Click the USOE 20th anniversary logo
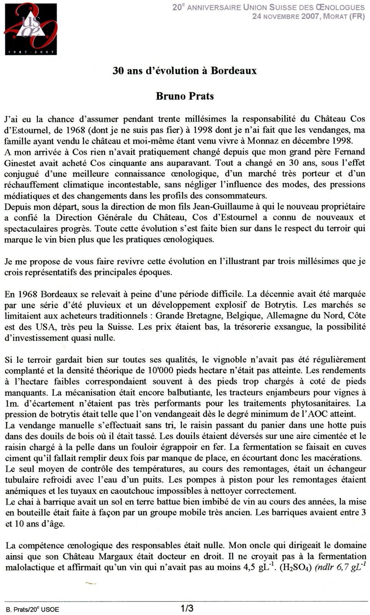[31, 29]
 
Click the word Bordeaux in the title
[234, 71]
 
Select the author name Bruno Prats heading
[185, 96]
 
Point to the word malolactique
[29, 567]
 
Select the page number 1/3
[187, 608]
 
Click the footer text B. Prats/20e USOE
[33, 609]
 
